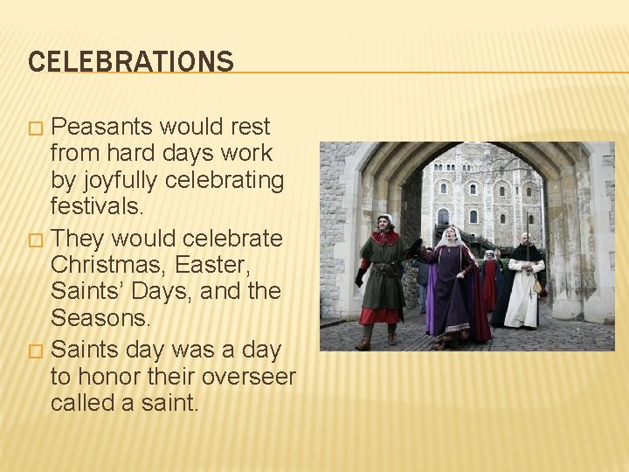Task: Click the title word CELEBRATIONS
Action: pyautogui.click(x=131, y=61)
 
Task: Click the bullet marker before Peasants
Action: pyautogui.click(x=35, y=128)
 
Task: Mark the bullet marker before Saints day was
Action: pyautogui.click(x=35, y=351)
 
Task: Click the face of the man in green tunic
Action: pyautogui.click(x=384, y=224)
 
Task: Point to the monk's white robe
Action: pyautogui.click(x=523, y=297)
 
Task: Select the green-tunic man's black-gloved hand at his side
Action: pyautogui.click(x=360, y=279)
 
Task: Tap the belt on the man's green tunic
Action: pyautogui.click(x=385, y=270)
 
